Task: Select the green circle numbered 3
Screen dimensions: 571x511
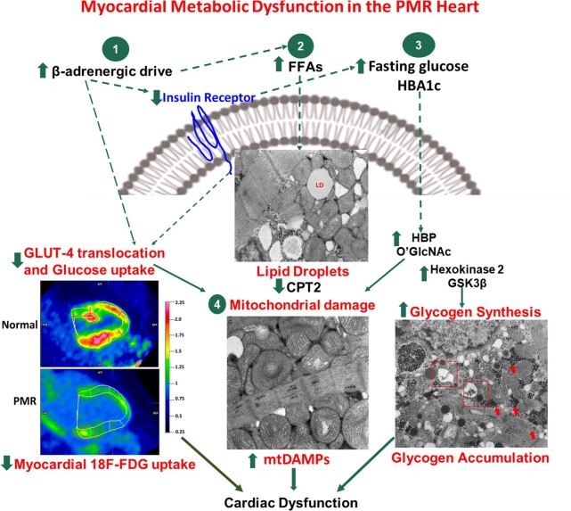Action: pos(415,44)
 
